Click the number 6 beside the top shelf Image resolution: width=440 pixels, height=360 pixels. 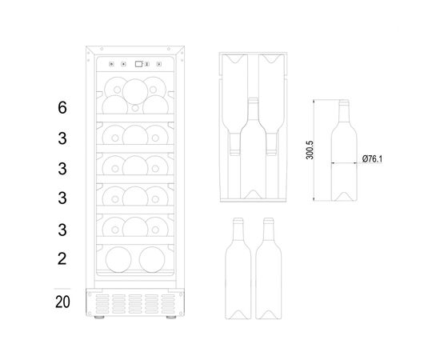click(62, 107)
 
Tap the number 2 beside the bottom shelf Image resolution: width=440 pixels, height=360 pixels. click(62, 258)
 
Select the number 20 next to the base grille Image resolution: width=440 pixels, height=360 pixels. click(62, 302)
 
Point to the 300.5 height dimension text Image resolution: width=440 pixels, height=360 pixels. click(310, 150)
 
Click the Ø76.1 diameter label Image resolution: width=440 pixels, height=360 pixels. click(372, 159)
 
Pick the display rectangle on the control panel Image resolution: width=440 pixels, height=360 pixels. click(138, 64)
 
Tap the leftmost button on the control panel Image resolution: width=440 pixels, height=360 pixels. click(111, 64)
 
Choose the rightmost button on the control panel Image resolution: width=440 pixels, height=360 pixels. click(159, 64)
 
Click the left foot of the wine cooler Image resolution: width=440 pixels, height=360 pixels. click(99, 317)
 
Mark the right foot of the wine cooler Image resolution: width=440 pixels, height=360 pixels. click(171, 317)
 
